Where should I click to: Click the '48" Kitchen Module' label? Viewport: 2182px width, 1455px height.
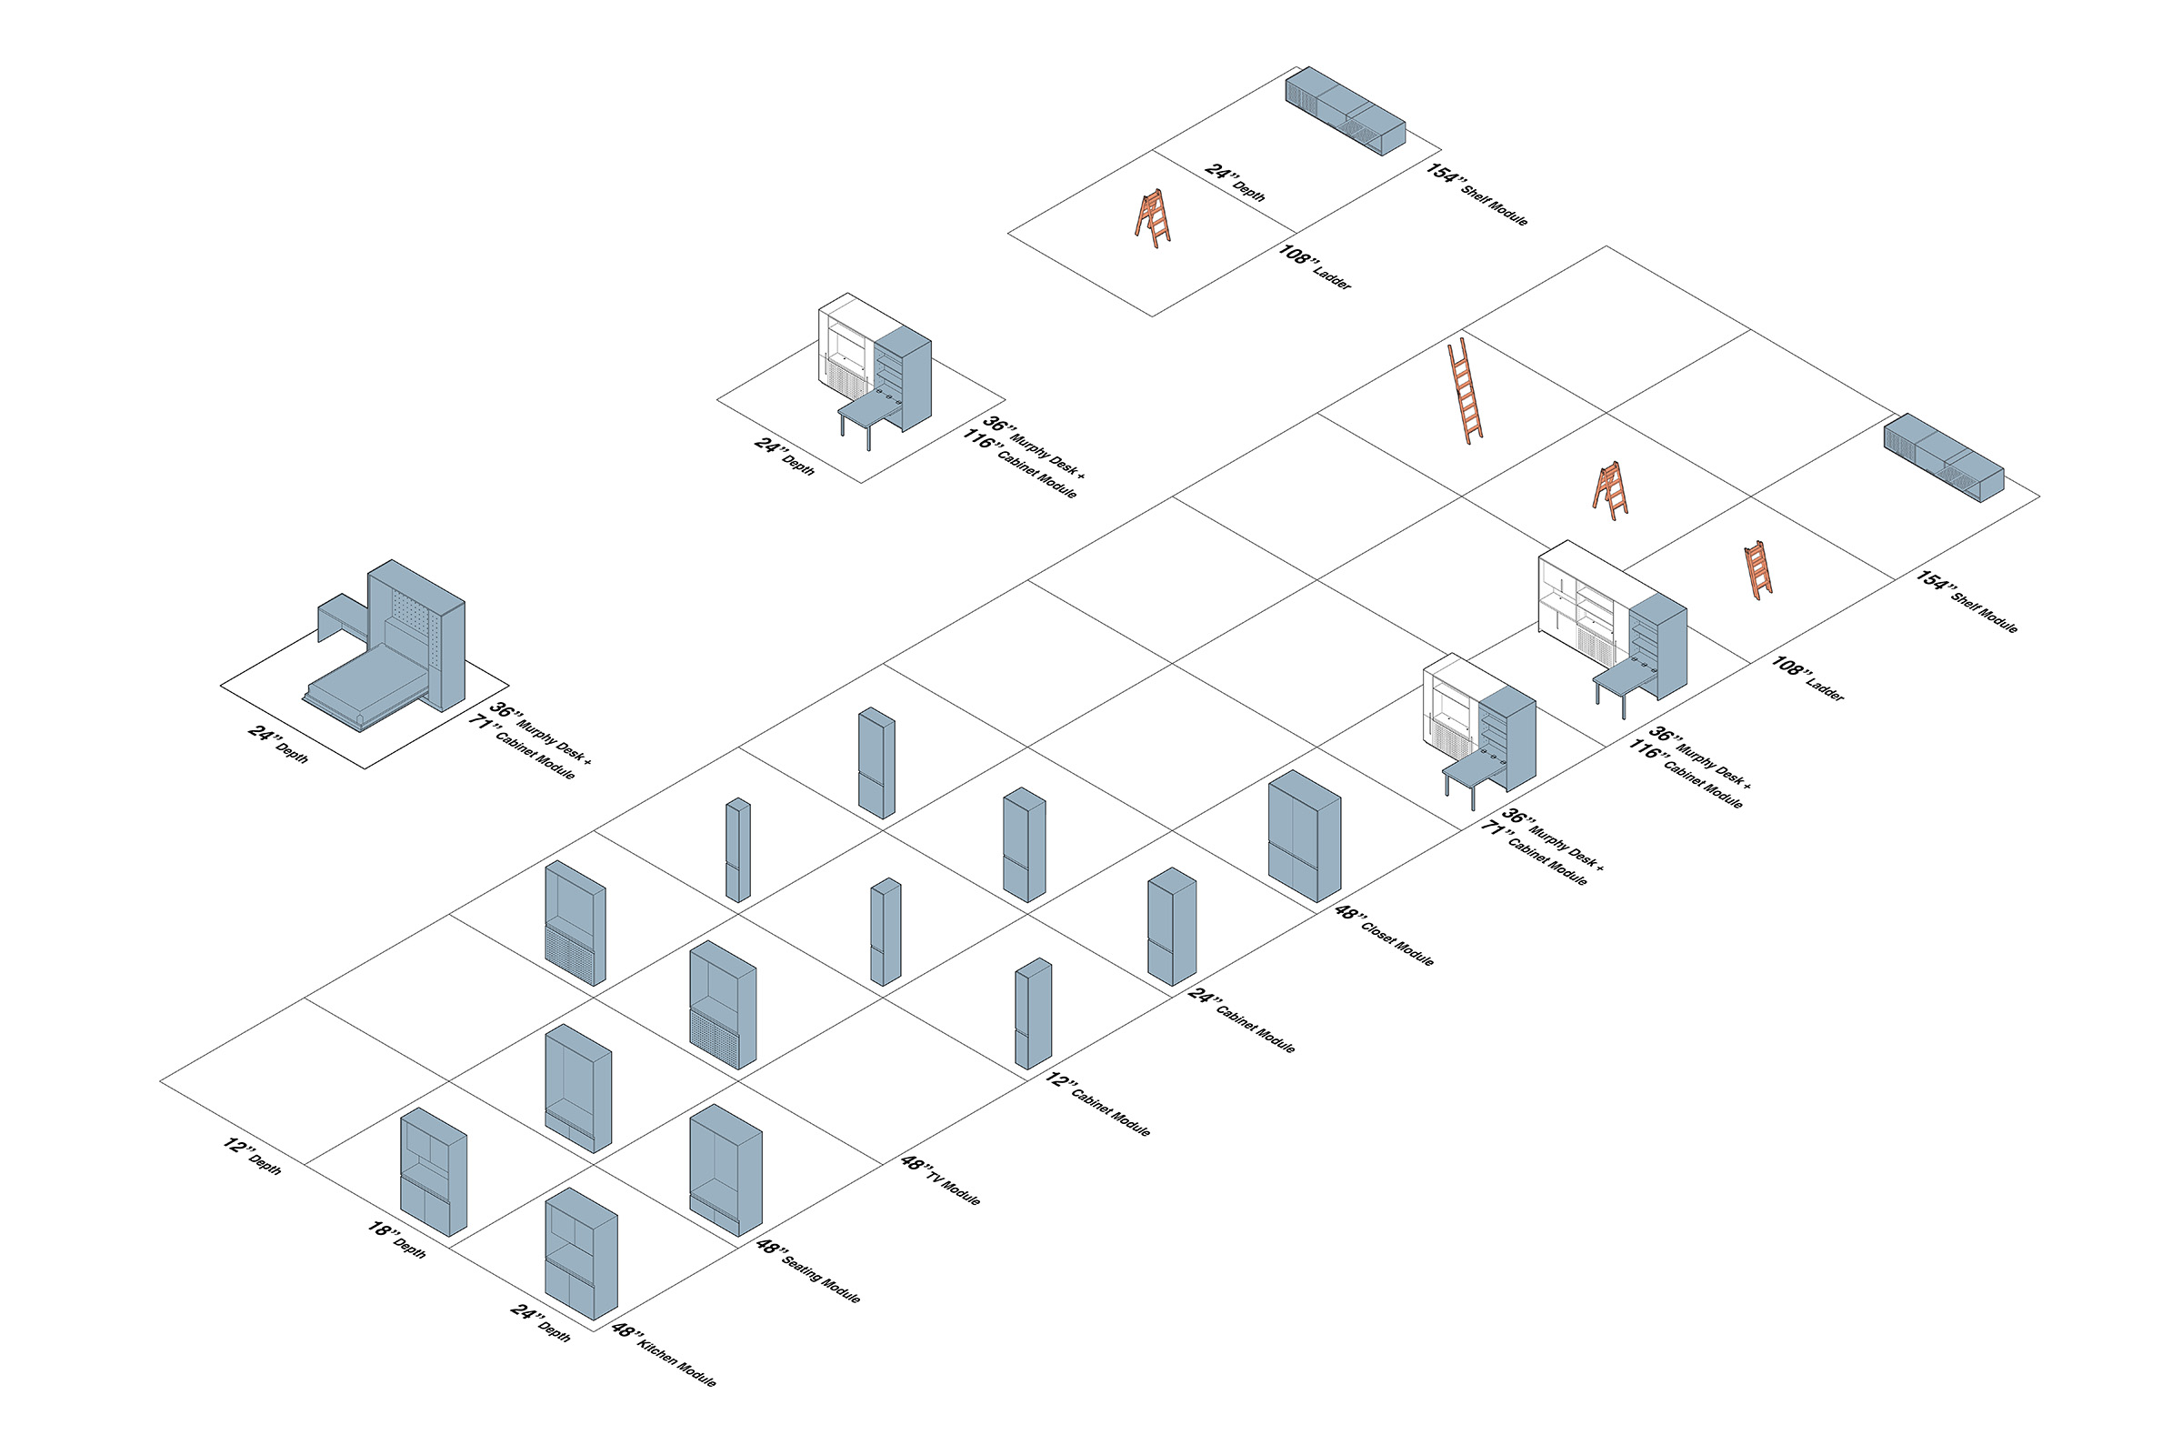(664, 1356)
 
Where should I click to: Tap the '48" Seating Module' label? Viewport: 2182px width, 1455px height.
(808, 1271)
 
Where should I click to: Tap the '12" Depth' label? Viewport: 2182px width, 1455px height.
(252, 1156)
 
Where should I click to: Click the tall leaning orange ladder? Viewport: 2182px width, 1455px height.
(1464, 390)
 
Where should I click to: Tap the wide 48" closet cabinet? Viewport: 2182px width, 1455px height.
(1304, 835)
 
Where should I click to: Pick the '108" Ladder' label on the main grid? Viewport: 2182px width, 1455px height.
(1807, 678)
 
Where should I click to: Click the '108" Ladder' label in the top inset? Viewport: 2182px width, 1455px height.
(1315, 267)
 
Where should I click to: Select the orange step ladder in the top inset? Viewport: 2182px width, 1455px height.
(1152, 218)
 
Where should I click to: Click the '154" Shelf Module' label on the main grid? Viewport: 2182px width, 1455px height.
(1967, 602)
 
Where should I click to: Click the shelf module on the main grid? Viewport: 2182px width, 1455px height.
(1943, 457)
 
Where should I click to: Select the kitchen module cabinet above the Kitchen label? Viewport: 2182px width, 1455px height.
(581, 1253)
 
